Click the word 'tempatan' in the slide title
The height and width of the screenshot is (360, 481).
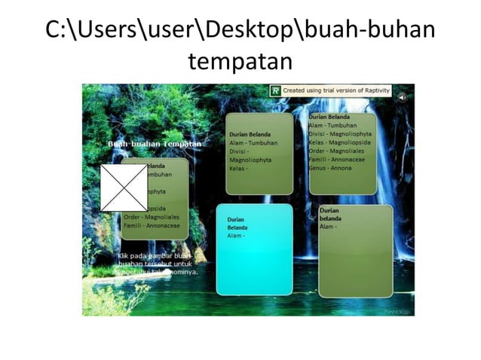click(240, 60)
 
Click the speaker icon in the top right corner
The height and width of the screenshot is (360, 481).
click(402, 96)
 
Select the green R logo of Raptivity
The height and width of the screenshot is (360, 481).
click(275, 90)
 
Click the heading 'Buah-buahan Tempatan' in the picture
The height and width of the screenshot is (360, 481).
click(155, 143)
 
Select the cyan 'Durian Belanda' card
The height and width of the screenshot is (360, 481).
click(254, 249)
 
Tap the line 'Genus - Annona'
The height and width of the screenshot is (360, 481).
click(332, 168)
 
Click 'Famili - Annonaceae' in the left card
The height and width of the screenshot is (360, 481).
click(152, 225)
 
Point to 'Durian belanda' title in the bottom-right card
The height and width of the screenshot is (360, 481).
click(330, 215)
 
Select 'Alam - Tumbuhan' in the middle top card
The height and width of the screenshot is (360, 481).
click(253, 142)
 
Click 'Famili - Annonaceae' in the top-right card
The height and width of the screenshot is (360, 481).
click(339, 160)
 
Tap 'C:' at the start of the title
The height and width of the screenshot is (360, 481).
click(56, 29)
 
